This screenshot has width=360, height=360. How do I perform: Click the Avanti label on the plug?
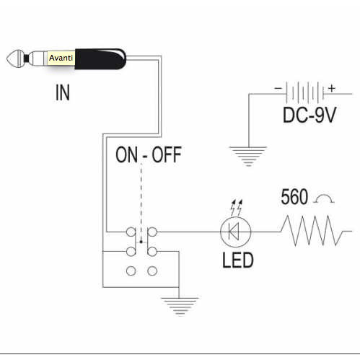[61, 58]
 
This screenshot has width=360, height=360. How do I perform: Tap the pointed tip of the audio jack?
[7, 58]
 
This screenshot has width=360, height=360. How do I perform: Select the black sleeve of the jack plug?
[100, 59]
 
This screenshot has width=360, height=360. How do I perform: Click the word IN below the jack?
[63, 92]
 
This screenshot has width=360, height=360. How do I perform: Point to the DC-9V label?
[309, 115]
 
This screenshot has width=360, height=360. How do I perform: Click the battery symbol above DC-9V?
[304, 92]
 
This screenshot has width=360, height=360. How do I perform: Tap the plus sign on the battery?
[332, 88]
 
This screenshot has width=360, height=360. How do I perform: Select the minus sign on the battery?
[278, 88]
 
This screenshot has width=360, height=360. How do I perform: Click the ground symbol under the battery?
[248, 156]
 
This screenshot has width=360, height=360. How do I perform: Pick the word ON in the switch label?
[127, 154]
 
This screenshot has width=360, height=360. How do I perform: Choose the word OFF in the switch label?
[167, 154]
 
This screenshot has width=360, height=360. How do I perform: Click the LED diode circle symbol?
[235, 232]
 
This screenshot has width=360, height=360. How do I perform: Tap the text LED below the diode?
[237, 260]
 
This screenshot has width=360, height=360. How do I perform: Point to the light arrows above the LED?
[237, 208]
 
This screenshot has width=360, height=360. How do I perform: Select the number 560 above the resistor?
[294, 197]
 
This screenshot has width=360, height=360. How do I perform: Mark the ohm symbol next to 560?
[325, 198]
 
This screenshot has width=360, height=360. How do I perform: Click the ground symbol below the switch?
[180, 306]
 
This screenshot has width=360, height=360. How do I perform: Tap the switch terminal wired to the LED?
[152, 232]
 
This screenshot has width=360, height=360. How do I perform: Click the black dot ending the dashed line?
[141, 242]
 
